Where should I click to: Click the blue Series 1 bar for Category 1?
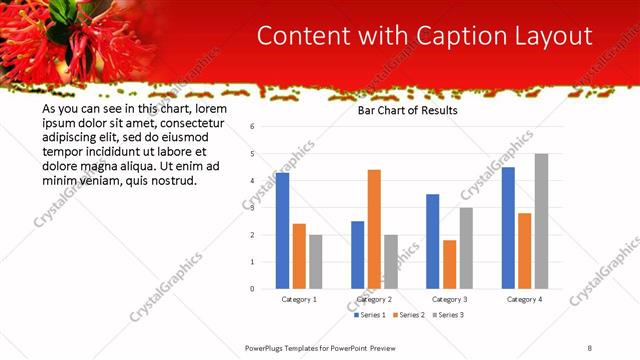[x=282, y=231]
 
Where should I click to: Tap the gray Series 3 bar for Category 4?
[x=541, y=221]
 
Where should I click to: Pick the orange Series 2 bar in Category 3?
[x=449, y=264]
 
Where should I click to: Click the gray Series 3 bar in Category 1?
[x=315, y=262]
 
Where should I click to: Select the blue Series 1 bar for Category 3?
[x=432, y=241]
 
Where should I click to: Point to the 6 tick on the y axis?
[x=253, y=127]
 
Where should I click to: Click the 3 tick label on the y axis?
[x=253, y=208]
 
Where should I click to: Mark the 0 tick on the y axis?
[x=253, y=289]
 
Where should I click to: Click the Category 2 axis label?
[x=375, y=299]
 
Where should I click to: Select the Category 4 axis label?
[x=524, y=299]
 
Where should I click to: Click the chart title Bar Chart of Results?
[x=408, y=111]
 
